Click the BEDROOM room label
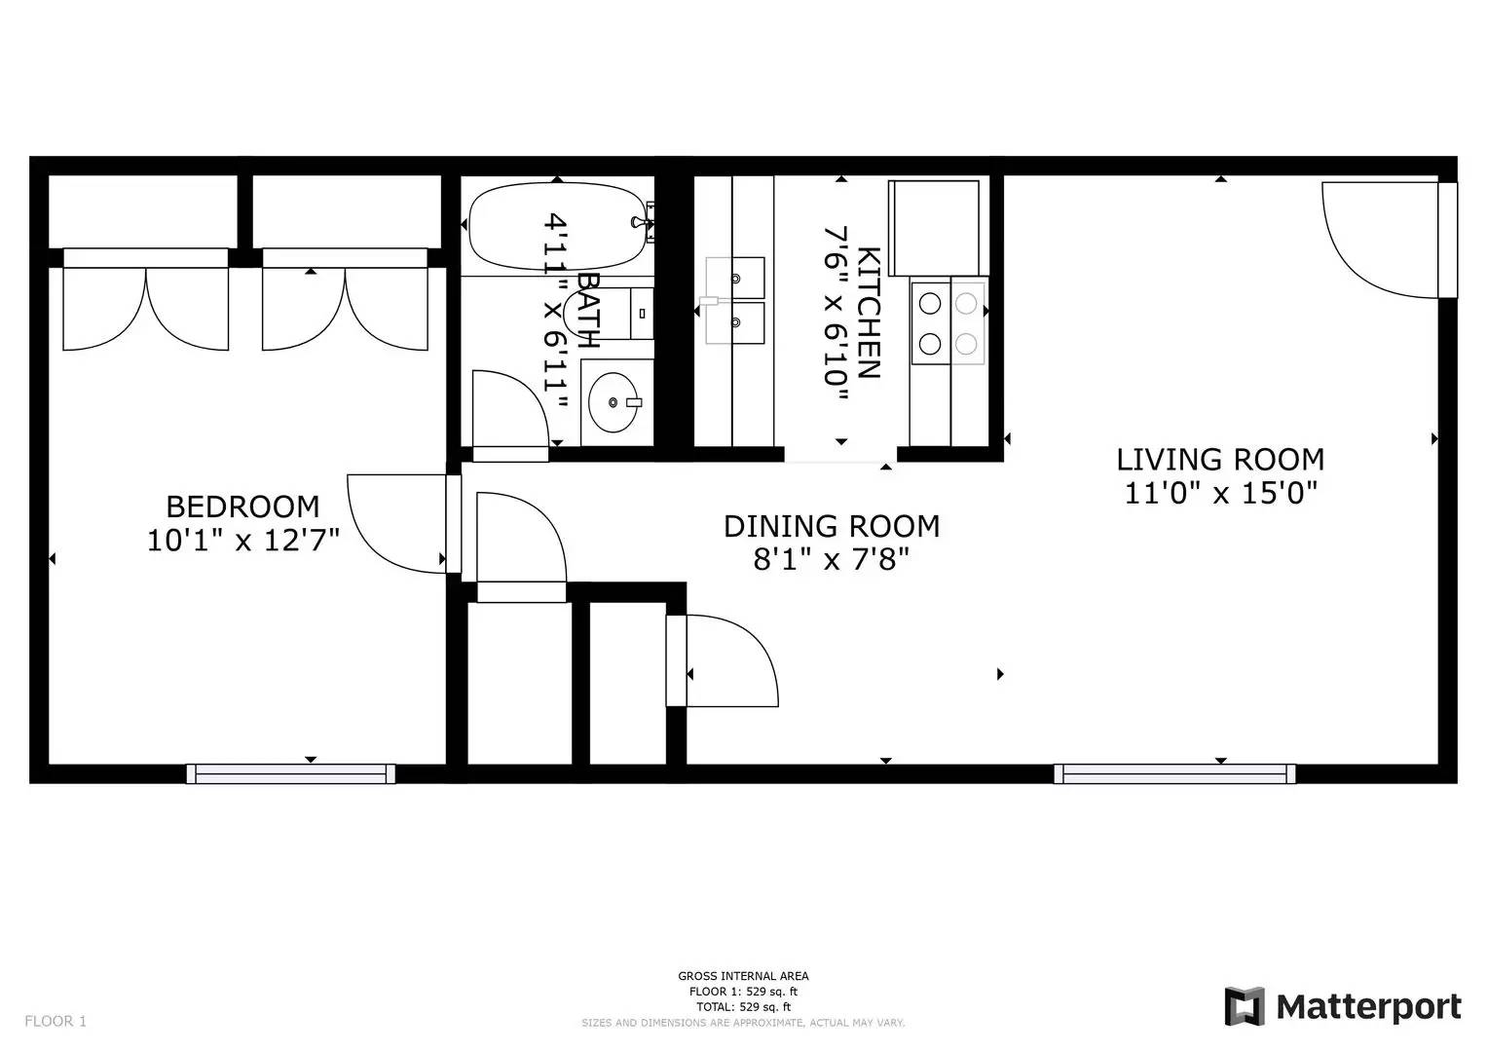(242, 507)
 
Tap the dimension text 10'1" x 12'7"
(242, 540)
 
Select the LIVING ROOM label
(1219, 459)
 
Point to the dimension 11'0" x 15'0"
(1220, 493)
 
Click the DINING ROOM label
(831, 526)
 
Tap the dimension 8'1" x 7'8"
(831, 560)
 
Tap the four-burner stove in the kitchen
(948, 322)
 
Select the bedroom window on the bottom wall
(290, 773)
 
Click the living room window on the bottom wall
(1173, 773)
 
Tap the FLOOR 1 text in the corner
(56, 1021)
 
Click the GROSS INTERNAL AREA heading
(743, 975)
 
